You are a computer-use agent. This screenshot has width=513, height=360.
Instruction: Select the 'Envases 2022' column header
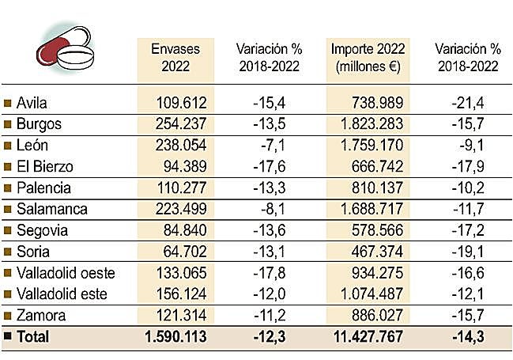pyautogui.click(x=175, y=58)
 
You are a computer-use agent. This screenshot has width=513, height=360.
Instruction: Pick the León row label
pyautogui.click(x=34, y=146)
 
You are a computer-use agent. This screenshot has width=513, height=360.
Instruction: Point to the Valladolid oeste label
pyautogui.click(x=66, y=274)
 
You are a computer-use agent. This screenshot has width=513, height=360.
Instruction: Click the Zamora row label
pyautogui.click(x=40, y=316)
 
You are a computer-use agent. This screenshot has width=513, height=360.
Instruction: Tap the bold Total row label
pyautogui.click(x=32, y=337)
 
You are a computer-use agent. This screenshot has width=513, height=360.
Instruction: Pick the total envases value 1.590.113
pyautogui.click(x=175, y=337)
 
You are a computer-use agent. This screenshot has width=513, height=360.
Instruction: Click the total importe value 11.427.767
pyautogui.click(x=365, y=337)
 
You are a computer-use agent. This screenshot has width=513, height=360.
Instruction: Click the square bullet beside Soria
pyautogui.click(x=8, y=252)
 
